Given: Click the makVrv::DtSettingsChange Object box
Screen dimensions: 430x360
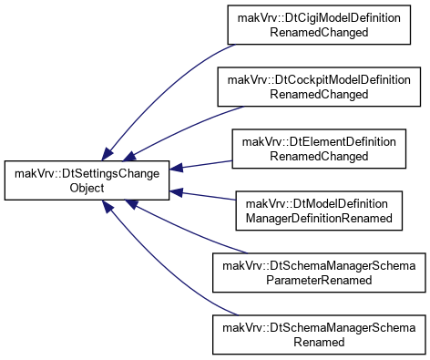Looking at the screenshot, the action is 87,180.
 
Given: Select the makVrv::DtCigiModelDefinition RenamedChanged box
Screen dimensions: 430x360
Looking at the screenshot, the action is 319,25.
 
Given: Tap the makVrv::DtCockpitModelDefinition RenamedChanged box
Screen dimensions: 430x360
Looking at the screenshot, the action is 319,87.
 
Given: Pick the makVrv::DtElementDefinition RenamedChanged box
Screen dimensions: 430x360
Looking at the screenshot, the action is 319,149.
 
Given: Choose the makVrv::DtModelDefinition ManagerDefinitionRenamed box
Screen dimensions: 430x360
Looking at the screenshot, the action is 319,211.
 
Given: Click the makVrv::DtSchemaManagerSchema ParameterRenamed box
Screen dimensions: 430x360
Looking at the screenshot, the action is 319,273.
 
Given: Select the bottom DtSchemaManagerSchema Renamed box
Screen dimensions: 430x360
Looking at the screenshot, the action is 319,334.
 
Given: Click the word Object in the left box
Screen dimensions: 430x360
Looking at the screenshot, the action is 87,188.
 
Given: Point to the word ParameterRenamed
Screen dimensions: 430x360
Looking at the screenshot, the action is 319,280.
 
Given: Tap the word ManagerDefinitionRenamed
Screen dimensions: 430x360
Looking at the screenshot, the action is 319,218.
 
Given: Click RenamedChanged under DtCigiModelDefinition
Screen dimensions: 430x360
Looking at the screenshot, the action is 319,32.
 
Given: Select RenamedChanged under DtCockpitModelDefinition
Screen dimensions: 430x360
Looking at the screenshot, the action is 319,94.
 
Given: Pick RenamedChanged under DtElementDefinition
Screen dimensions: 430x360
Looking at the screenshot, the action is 319,156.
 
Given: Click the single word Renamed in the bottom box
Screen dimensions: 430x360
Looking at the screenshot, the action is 319,342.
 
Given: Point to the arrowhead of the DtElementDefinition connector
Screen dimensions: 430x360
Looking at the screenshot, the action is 176,168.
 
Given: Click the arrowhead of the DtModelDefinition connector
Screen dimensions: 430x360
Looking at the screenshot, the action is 176,192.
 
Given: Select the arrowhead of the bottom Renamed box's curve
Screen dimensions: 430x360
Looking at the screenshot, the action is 107,207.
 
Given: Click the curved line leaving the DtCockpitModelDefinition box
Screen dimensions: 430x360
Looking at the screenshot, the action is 186,129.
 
